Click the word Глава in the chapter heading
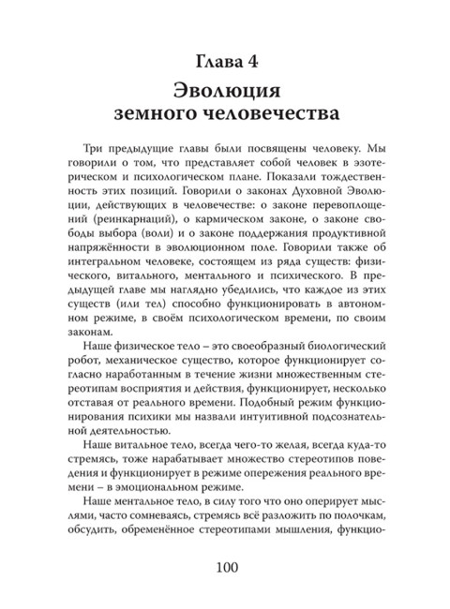[x=209, y=64]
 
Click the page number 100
[x=224, y=569]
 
